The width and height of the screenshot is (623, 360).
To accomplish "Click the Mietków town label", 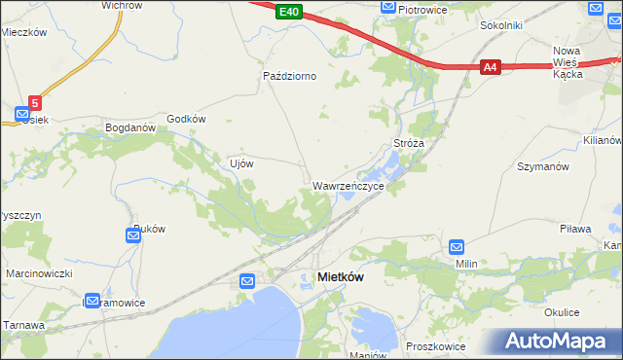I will click(x=341, y=277).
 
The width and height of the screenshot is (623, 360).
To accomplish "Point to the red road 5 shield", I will click(x=35, y=101).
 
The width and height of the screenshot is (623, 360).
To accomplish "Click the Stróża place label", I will click(x=408, y=143).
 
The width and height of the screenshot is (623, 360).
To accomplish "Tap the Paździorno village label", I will click(x=290, y=75).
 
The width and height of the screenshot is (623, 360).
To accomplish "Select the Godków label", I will click(x=187, y=119).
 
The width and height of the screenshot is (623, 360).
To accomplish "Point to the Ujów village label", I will click(x=240, y=163).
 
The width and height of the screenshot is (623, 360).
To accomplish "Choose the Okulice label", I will click(x=562, y=312).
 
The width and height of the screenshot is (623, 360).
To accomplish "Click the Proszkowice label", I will click(x=433, y=346).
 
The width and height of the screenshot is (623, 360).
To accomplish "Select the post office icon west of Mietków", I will click(x=247, y=281).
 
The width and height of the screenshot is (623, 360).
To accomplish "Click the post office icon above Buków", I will click(x=134, y=234).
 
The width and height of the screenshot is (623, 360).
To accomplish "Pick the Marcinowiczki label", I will click(x=40, y=273).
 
